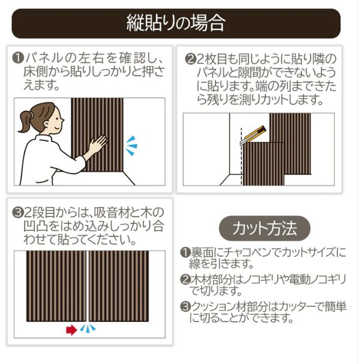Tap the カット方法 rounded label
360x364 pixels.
265,228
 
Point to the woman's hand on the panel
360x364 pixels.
96,144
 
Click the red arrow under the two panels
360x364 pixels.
71,329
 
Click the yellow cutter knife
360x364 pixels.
254,134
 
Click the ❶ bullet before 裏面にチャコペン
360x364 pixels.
185,254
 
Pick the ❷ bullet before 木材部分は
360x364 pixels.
185,279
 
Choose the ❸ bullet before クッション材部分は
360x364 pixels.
185,306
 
